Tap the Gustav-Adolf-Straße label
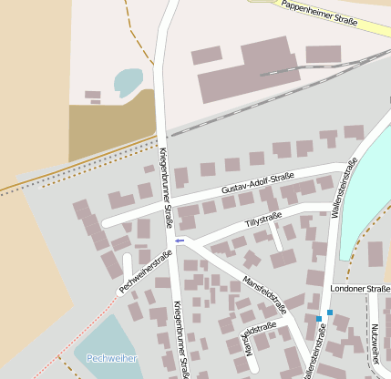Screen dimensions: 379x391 point(257,183)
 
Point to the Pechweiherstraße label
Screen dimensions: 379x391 point(145,271)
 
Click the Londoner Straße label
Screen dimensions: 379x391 point(360,289)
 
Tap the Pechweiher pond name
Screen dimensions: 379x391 point(111,358)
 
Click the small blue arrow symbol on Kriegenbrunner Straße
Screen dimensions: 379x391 point(180,241)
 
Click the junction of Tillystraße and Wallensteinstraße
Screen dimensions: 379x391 point(332,211)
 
